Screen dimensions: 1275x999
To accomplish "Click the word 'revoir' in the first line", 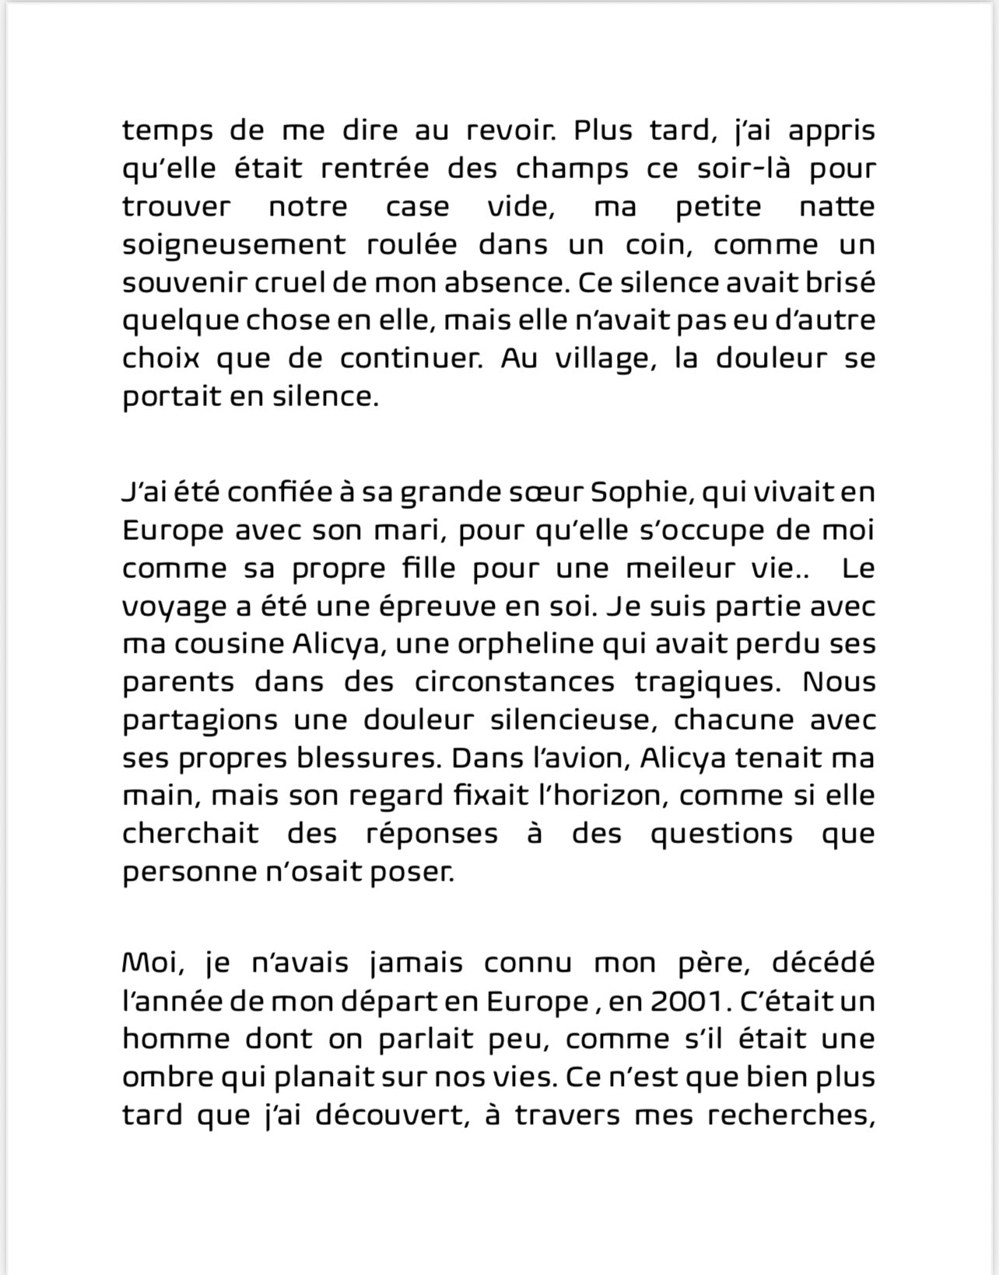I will coord(509,130).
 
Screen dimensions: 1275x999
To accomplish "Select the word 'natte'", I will coord(836,206).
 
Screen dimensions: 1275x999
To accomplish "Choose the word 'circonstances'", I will coord(514,682).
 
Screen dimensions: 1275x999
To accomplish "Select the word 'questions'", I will coord(721,834).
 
